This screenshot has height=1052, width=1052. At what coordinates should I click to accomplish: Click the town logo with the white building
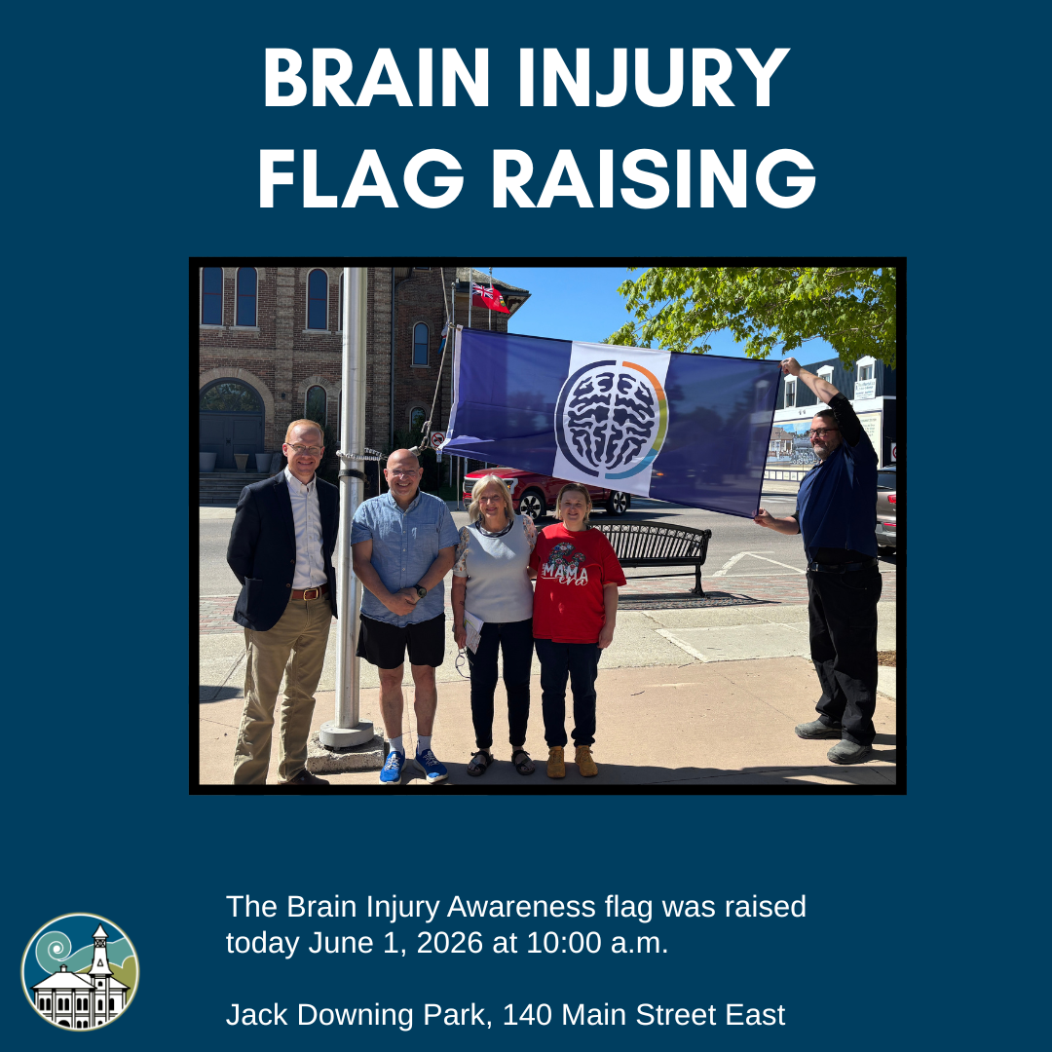(x=80, y=971)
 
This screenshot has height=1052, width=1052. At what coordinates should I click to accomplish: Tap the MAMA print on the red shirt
(x=565, y=573)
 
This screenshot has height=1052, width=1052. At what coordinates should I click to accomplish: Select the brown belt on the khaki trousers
(x=310, y=593)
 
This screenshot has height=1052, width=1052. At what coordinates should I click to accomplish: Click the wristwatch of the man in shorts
(x=420, y=590)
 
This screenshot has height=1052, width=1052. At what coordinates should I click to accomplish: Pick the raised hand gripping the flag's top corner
(x=791, y=366)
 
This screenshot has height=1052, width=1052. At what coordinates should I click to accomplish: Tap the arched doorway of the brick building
(x=232, y=424)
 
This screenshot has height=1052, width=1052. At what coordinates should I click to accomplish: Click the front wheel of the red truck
(x=532, y=505)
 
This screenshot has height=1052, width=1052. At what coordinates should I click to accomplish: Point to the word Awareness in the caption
(x=520, y=907)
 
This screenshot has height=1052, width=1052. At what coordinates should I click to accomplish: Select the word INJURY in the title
(x=653, y=78)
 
